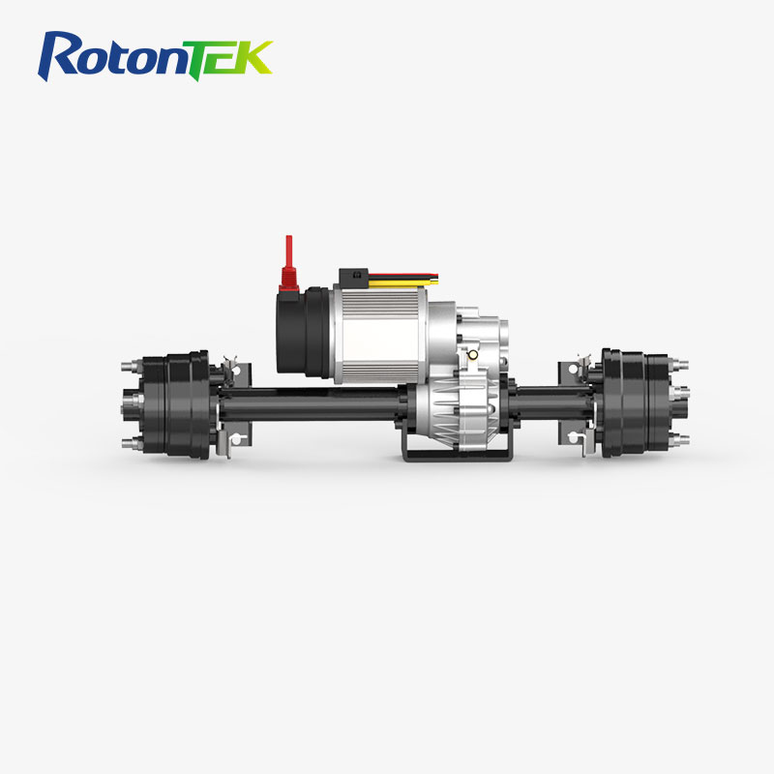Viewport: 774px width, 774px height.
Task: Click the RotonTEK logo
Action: tap(156, 55)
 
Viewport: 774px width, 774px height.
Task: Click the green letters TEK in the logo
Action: tap(231, 57)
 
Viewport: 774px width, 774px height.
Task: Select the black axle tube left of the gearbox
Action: tap(310, 403)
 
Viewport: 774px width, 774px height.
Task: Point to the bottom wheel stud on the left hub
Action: tap(129, 442)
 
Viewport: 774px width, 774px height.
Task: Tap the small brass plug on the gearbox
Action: tap(474, 355)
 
